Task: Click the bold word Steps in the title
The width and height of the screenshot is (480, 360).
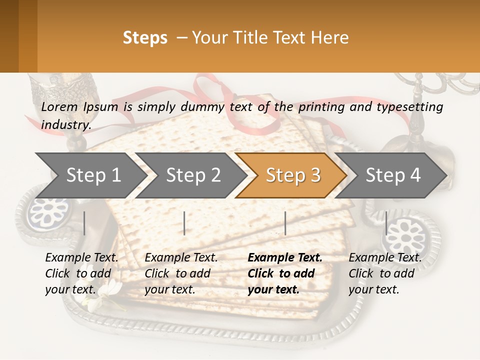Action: pyautogui.click(x=145, y=38)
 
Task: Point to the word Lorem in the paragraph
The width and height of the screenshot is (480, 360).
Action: pyautogui.click(x=59, y=106)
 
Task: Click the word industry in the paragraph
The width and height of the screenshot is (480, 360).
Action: pyautogui.click(x=66, y=125)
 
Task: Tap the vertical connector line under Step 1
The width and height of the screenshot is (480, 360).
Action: pyautogui.click(x=84, y=223)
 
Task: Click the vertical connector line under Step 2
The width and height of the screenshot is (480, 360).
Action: pyautogui.click(x=184, y=223)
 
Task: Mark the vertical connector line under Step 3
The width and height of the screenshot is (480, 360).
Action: pyautogui.click(x=285, y=223)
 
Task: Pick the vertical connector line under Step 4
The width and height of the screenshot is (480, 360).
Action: pyautogui.click(x=386, y=223)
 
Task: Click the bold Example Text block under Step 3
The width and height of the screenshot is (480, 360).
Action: pyautogui.click(x=284, y=273)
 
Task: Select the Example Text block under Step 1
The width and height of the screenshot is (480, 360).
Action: pyautogui.click(x=81, y=273)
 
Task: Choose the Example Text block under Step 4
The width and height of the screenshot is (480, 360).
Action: pyautogui.click(x=384, y=273)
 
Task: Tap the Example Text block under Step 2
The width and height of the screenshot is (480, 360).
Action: pyautogui.click(x=181, y=273)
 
